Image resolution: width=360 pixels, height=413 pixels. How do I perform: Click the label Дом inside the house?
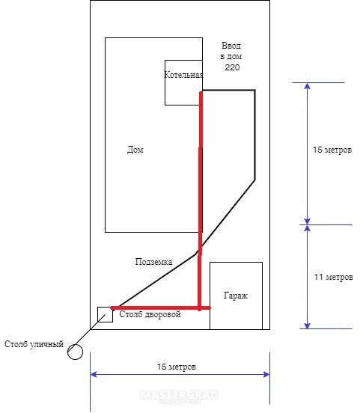(x=135, y=150)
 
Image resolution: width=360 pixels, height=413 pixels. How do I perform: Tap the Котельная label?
(x=183, y=75)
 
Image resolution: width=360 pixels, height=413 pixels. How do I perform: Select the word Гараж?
(x=236, y=296)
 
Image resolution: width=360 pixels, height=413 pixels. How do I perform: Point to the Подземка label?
(x=153, y=262)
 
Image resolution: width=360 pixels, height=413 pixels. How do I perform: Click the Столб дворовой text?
(x=150, y=314)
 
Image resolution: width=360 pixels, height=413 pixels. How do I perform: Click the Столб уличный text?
(x=34, y=344)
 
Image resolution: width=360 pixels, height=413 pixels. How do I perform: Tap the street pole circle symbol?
(x=75, y=352)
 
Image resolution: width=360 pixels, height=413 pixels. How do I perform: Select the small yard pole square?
(x=105, y=314)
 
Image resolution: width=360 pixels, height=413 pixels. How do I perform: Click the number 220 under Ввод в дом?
(x=232, y=67)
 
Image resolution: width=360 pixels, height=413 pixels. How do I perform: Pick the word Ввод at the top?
(x=231, y=46)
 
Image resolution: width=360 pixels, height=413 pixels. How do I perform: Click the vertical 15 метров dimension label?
(x=332, y=150)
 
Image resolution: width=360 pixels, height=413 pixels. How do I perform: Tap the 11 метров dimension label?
(x=333, y=277)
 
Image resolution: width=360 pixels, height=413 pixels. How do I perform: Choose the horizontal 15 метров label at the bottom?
(x=177, y=367)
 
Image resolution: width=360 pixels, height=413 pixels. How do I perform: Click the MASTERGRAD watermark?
(x=179, y=395)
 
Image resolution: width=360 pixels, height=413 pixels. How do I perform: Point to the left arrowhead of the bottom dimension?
(x=94, y=374)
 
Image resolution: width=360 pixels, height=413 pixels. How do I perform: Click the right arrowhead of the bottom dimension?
(x=266, y=374)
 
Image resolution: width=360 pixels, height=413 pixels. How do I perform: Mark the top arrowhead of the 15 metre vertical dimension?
(x=308, y=86)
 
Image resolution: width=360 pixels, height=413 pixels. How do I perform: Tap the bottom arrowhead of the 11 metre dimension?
(x=308, y=325)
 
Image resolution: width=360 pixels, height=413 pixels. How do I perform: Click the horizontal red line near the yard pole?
(x=160, y=308)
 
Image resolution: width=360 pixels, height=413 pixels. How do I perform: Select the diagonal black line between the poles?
(x=90, y=329)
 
